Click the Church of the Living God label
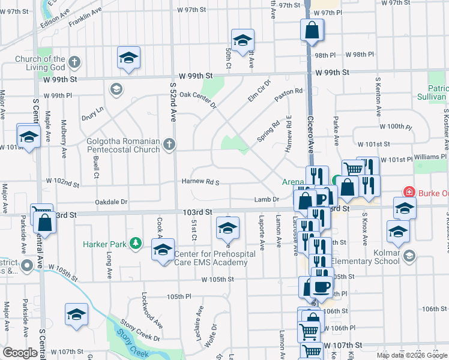click(40, 62)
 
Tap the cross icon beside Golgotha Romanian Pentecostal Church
click(170, 144)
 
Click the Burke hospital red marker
click(409, 192)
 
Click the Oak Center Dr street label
click(197, 99)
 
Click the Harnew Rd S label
click(201, 182)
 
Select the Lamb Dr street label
click(268, 200)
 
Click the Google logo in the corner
click(20, 353)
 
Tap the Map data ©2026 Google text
click(412, 355)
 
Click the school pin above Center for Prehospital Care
click(227, 227)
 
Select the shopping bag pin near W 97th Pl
click(313, 29)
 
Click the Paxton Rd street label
click(289, 95)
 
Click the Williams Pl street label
click(430, 156)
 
